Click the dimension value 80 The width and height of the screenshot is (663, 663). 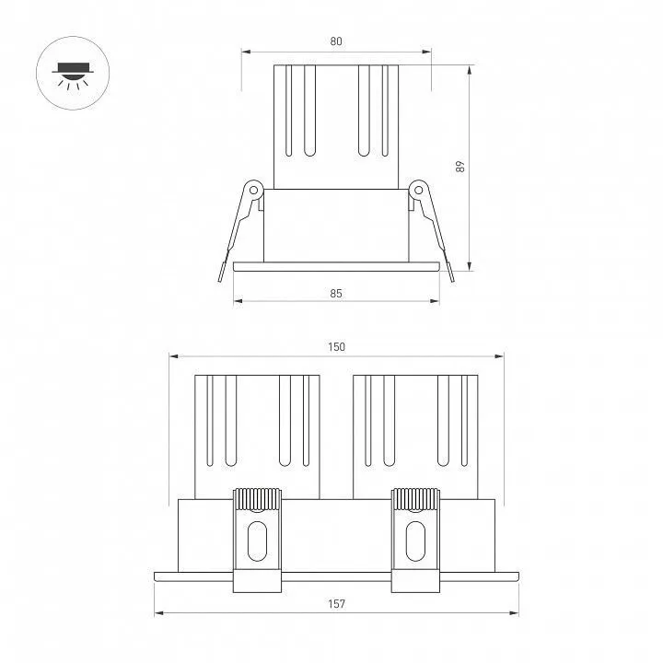tap(336, 41)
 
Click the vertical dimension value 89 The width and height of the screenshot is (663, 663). tap(460, 166)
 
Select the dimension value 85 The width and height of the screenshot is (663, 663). tap(336, 293)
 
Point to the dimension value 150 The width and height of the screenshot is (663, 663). tap(337, 347)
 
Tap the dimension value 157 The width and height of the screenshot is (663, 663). tap(337, 604)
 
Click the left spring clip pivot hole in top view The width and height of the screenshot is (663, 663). tap(254, 190)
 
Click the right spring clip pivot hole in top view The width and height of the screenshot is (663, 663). tap(419, 190)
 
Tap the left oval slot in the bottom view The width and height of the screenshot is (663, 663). tap(257, 541)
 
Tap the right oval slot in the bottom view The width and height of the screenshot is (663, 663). tap(415, 541)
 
